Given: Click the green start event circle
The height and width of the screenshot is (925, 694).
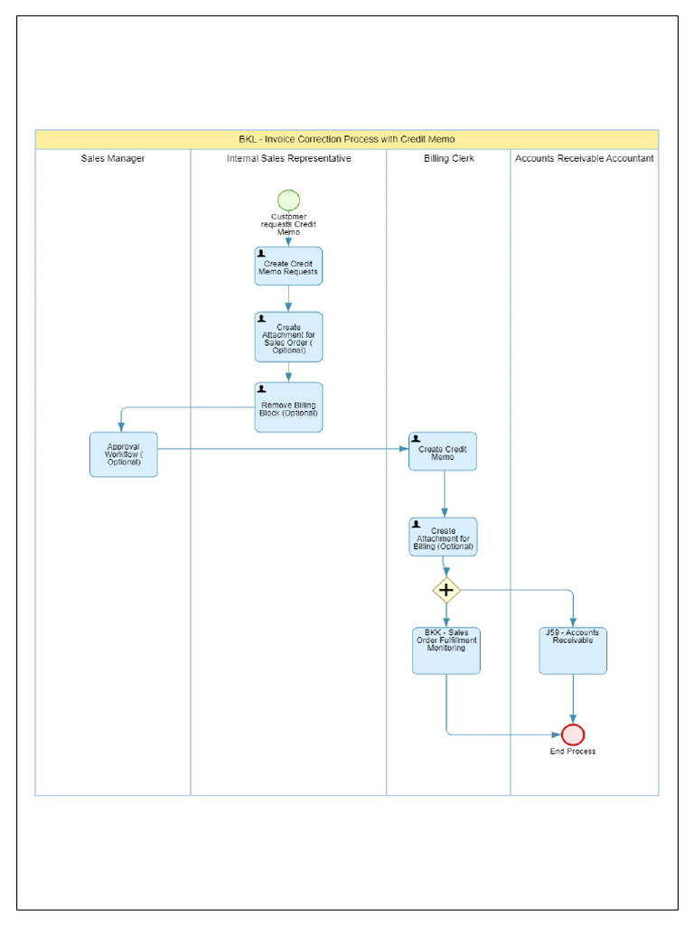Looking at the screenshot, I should pos(288,200).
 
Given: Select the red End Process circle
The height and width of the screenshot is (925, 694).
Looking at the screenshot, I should pos(573,734).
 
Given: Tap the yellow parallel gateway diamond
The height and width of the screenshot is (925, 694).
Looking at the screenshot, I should pos(445,591).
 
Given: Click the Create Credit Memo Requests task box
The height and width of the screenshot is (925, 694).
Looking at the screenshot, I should pos(288,266).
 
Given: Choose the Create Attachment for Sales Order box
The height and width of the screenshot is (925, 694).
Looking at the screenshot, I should pos(288,337).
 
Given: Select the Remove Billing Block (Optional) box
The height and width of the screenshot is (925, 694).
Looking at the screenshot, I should pos(288,407).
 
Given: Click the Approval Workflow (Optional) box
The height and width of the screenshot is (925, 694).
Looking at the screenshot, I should pos(123,453).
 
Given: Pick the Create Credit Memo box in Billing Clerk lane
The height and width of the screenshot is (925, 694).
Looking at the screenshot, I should pos(443,452).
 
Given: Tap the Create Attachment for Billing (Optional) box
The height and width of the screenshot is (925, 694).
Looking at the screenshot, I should pos(443,537).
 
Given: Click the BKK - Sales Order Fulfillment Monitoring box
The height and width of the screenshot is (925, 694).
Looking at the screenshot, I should pos(446,650).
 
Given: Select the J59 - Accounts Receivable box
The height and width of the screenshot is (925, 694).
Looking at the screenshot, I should pos(573,650).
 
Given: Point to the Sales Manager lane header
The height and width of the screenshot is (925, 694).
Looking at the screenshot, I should pos(113,158).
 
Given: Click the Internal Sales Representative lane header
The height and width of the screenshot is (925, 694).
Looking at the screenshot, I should pos(288,158).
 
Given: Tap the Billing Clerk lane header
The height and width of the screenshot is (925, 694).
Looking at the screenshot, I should pos(449,158).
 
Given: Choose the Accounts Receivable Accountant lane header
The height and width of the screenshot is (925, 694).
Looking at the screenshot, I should pos(585,158).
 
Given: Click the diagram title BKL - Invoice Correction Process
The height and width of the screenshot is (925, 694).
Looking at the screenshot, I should pos(347,139).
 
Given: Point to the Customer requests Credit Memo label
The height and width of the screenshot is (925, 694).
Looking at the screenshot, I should pos(288,224).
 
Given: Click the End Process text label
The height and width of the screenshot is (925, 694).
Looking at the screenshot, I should pos(573,752).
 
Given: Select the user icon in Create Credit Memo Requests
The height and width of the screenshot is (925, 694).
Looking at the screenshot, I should pos(262,254).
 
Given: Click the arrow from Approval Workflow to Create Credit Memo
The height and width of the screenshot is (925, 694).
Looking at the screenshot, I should pos(280,448).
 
